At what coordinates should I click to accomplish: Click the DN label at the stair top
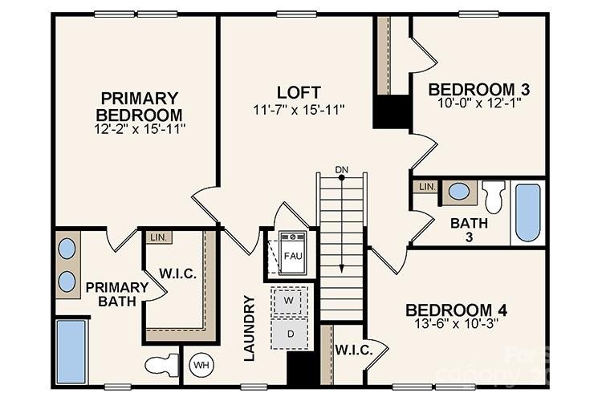[x=342, y=169]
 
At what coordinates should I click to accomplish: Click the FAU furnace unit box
[x=292, y=255]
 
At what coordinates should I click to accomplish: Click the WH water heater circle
[x=201, y=366]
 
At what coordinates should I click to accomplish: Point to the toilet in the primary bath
[x=163, y=365]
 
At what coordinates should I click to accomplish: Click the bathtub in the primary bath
[x=71, y=351]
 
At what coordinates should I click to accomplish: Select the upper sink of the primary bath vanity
[x=67, y=249]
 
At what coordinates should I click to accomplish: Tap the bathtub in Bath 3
[x=527, y=212]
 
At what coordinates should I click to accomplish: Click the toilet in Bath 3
[x=494, y=196]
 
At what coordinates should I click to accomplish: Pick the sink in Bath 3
[x=459, y=192]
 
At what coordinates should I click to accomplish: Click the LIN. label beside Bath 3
[x=427, y=187]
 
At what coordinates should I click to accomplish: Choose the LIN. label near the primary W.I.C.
[x=157, y=237]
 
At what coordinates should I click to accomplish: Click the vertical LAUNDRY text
[x=250, y=328]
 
